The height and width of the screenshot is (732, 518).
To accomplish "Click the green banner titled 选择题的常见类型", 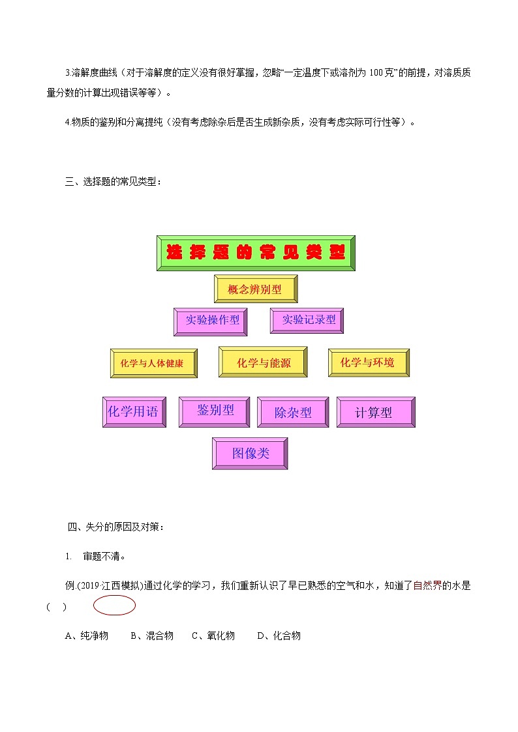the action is click(256, 253).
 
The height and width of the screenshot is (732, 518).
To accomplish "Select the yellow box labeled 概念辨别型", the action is click(256, 289).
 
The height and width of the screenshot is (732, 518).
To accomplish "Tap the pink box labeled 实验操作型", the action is click(211, 321).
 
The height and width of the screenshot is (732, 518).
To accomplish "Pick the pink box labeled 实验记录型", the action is click(307, 321).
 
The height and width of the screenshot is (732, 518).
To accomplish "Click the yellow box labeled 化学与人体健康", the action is click(154, 364).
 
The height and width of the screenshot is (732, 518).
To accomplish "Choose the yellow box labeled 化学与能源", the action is click(263, 362).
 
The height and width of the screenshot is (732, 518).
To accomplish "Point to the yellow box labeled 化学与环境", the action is click(369, 362).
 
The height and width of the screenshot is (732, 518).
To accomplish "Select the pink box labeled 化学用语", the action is click(134, 412).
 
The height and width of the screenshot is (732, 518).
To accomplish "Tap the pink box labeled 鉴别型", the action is click(215, 411).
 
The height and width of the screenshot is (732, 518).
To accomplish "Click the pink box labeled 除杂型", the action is click(293, 413).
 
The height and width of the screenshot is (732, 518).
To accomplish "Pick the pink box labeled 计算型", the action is click(375, 413).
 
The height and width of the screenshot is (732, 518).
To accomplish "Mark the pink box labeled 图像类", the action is click(250, 454).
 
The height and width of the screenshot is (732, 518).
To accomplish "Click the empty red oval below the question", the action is click(114, 606).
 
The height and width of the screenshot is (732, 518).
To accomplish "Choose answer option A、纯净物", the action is click(87, 636).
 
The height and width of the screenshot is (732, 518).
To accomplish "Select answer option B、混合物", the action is click(151, 636).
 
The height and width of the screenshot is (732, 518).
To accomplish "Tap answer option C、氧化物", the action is click(213, 636).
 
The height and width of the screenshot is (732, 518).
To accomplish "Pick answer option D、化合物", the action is click(279, 636).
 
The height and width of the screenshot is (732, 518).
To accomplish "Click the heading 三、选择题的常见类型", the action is click(113, 182).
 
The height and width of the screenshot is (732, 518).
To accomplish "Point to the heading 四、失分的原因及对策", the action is click(115, 527).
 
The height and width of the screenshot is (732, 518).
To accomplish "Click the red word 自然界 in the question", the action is click(428, 585).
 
